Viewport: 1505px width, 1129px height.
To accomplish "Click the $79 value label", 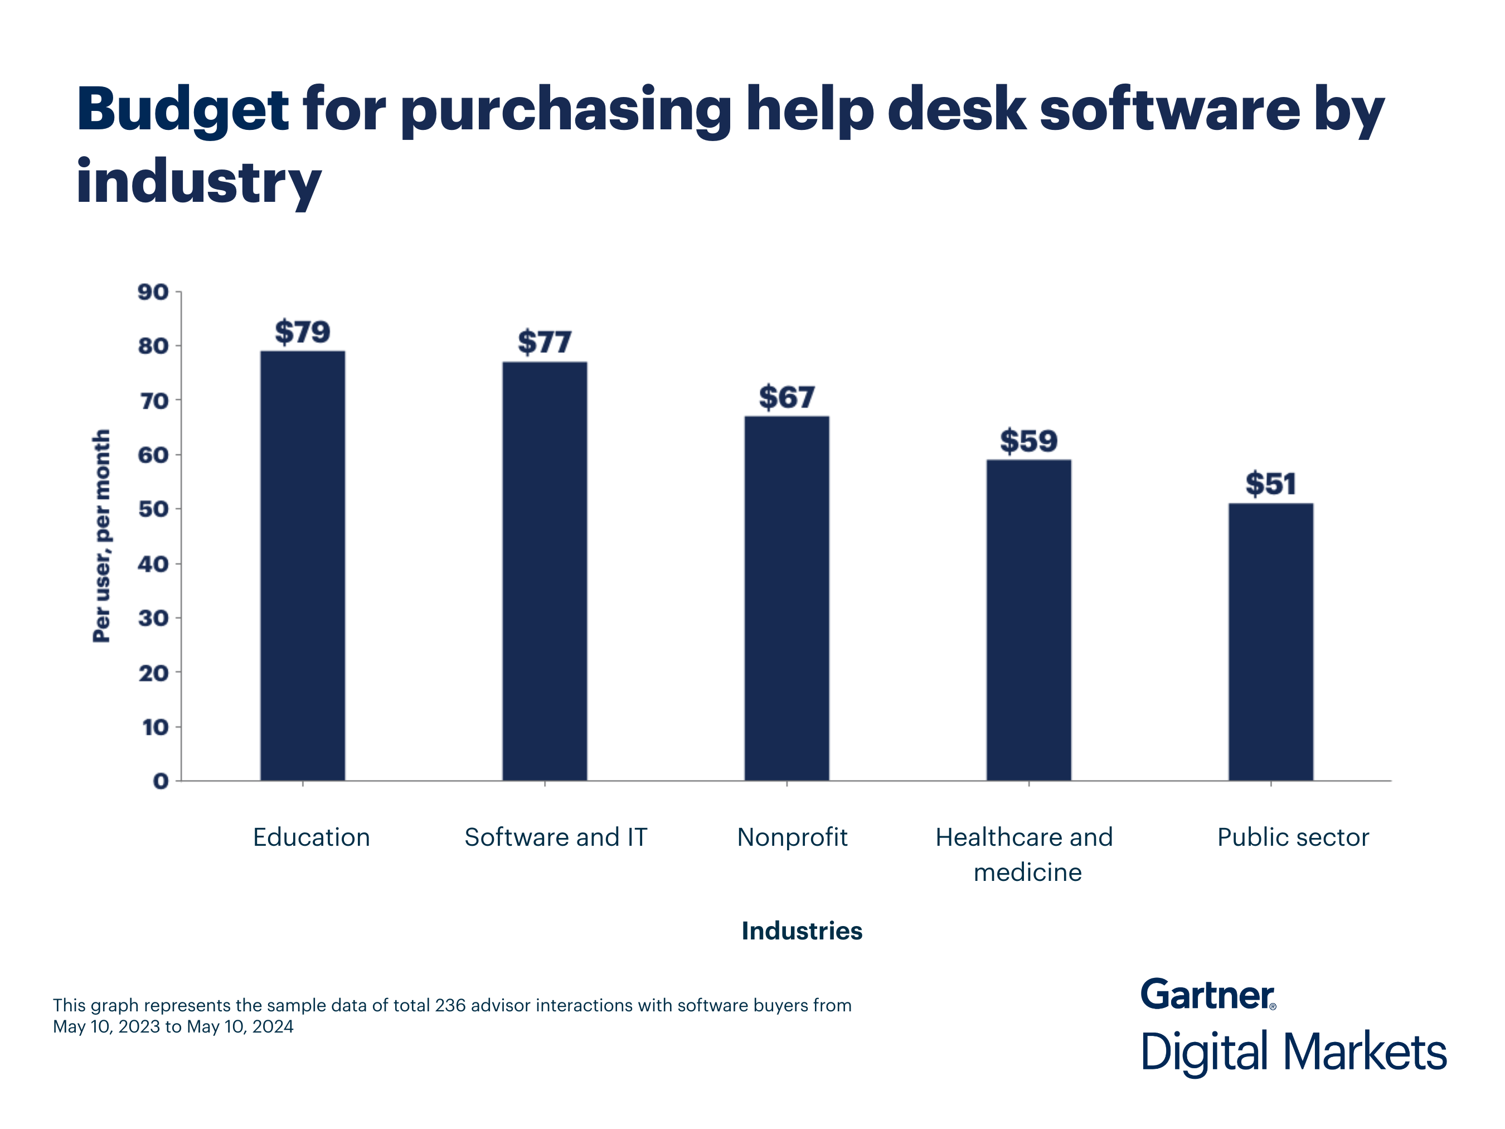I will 303,332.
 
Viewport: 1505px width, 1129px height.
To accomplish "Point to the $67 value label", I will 787,398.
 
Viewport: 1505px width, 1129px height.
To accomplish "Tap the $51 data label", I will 1270,484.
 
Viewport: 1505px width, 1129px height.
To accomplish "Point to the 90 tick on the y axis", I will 153,293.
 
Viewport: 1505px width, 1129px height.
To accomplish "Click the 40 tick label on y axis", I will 153,564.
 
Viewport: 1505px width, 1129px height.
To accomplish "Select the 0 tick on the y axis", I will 161,781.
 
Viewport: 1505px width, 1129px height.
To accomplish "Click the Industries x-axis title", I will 802,931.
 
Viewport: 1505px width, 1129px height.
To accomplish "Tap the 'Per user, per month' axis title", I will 101,536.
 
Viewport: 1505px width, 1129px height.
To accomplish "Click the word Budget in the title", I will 182,111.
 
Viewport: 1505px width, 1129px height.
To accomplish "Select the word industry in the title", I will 198,182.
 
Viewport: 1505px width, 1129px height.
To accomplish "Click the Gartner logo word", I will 1206,995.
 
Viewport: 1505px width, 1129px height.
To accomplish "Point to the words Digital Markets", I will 1293,1052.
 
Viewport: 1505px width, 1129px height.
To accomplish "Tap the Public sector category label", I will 1293,837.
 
